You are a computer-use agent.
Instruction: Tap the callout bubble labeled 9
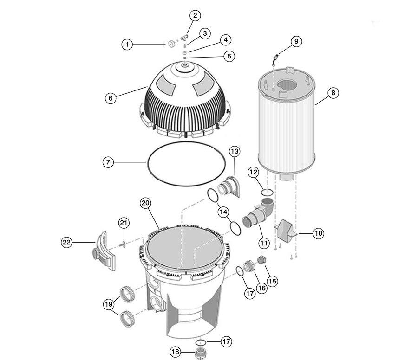pos(296,42)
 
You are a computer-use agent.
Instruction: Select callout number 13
pos(235,152)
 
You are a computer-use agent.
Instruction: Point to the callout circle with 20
pos(145,203)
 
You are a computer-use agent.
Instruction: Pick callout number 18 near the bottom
pos(176,352)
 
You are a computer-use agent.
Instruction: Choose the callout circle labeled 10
pos(318,233)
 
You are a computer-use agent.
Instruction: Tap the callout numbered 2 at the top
pos(195,15)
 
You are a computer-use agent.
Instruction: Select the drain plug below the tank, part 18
pos(202,352)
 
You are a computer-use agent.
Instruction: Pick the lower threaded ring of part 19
pos(127,319)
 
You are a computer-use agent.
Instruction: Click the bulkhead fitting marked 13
pos(229,188)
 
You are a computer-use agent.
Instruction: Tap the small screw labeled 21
pos(124,242)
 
